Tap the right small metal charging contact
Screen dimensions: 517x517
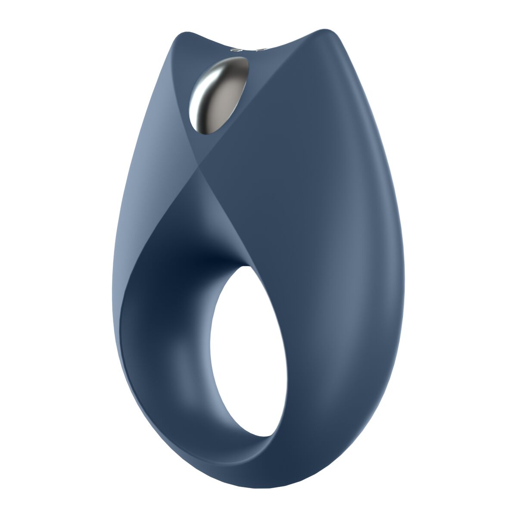pos(260,50)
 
